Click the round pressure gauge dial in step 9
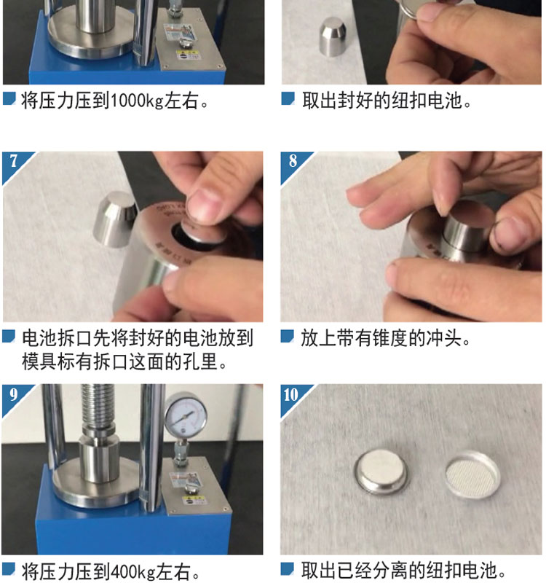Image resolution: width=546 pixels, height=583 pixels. pyautogui.click(x=186, y=415)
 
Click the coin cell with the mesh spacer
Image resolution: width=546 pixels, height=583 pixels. pyautogui.click(x=472, y=475)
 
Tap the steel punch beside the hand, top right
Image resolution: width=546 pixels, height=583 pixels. pyautogui.click(x=333, y=36)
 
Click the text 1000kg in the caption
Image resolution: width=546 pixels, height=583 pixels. pyautogui.click(x=137, y=101)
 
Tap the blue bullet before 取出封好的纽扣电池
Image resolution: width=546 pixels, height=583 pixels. pyautogui.click(x=288, y=98)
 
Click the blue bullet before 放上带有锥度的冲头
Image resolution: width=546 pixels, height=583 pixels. pyautogui.click(x=287, y=336)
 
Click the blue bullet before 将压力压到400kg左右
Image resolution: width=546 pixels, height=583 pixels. pyautogui.click(x=9, y=569)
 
